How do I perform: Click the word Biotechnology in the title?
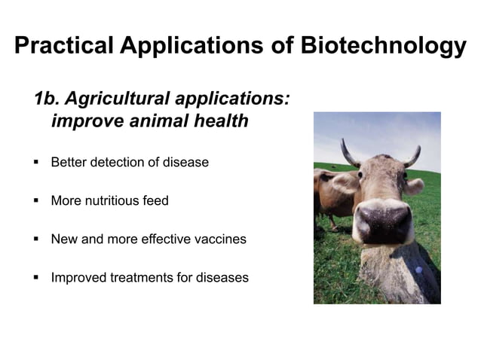pos(384,46)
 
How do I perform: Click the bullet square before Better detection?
pos(35,162)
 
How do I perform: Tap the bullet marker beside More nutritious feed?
pos(35,201)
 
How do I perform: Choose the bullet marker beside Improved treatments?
pos(35,277)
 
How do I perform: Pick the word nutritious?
pos(115,201)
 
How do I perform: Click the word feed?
pos(156,201)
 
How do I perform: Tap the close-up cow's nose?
pos(383,222)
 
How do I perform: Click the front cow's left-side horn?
pos(349,154)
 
